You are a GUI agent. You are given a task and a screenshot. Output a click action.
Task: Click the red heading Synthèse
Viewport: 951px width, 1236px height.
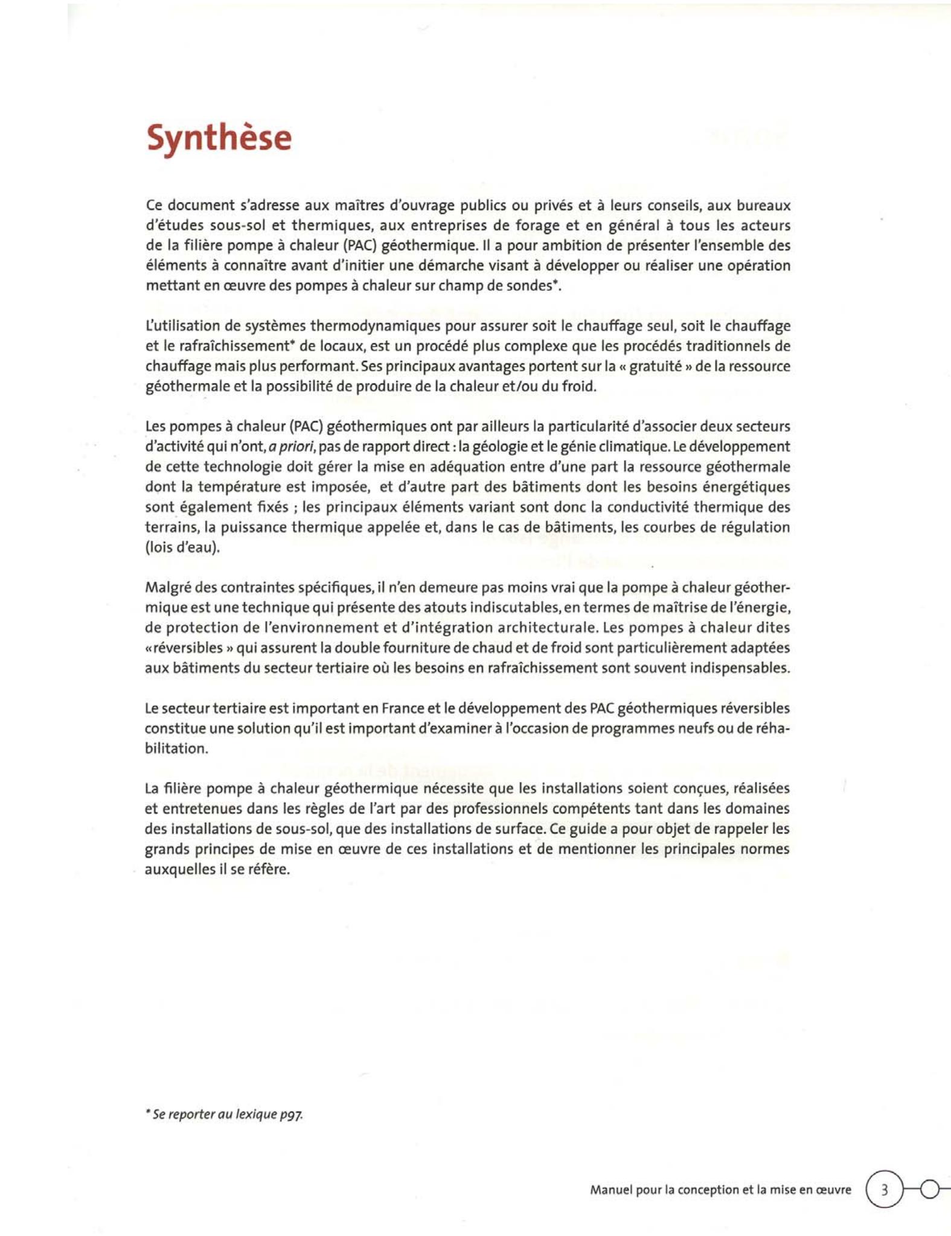click(219, 138)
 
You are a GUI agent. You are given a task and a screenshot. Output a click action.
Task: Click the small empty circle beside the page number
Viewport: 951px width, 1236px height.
click(930, 1189)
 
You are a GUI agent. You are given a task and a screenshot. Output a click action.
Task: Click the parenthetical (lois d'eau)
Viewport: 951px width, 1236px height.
click(183, 547)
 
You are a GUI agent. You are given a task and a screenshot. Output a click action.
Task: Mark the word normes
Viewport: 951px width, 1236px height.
click(766, 849)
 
